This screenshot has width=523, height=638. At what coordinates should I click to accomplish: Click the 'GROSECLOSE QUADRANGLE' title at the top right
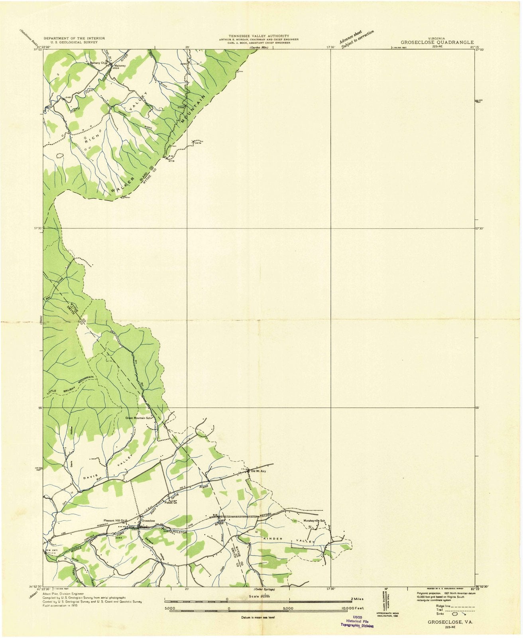point(437,42)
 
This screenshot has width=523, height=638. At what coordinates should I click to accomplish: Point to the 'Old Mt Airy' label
point(258,471)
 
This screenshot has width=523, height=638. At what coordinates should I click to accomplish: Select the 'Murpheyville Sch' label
point(315,521)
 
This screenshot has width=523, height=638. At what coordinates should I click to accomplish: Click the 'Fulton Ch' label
point(171,502)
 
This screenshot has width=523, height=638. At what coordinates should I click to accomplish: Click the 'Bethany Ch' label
point(98,63)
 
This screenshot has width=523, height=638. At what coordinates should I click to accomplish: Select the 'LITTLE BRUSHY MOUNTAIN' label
point(70,385)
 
